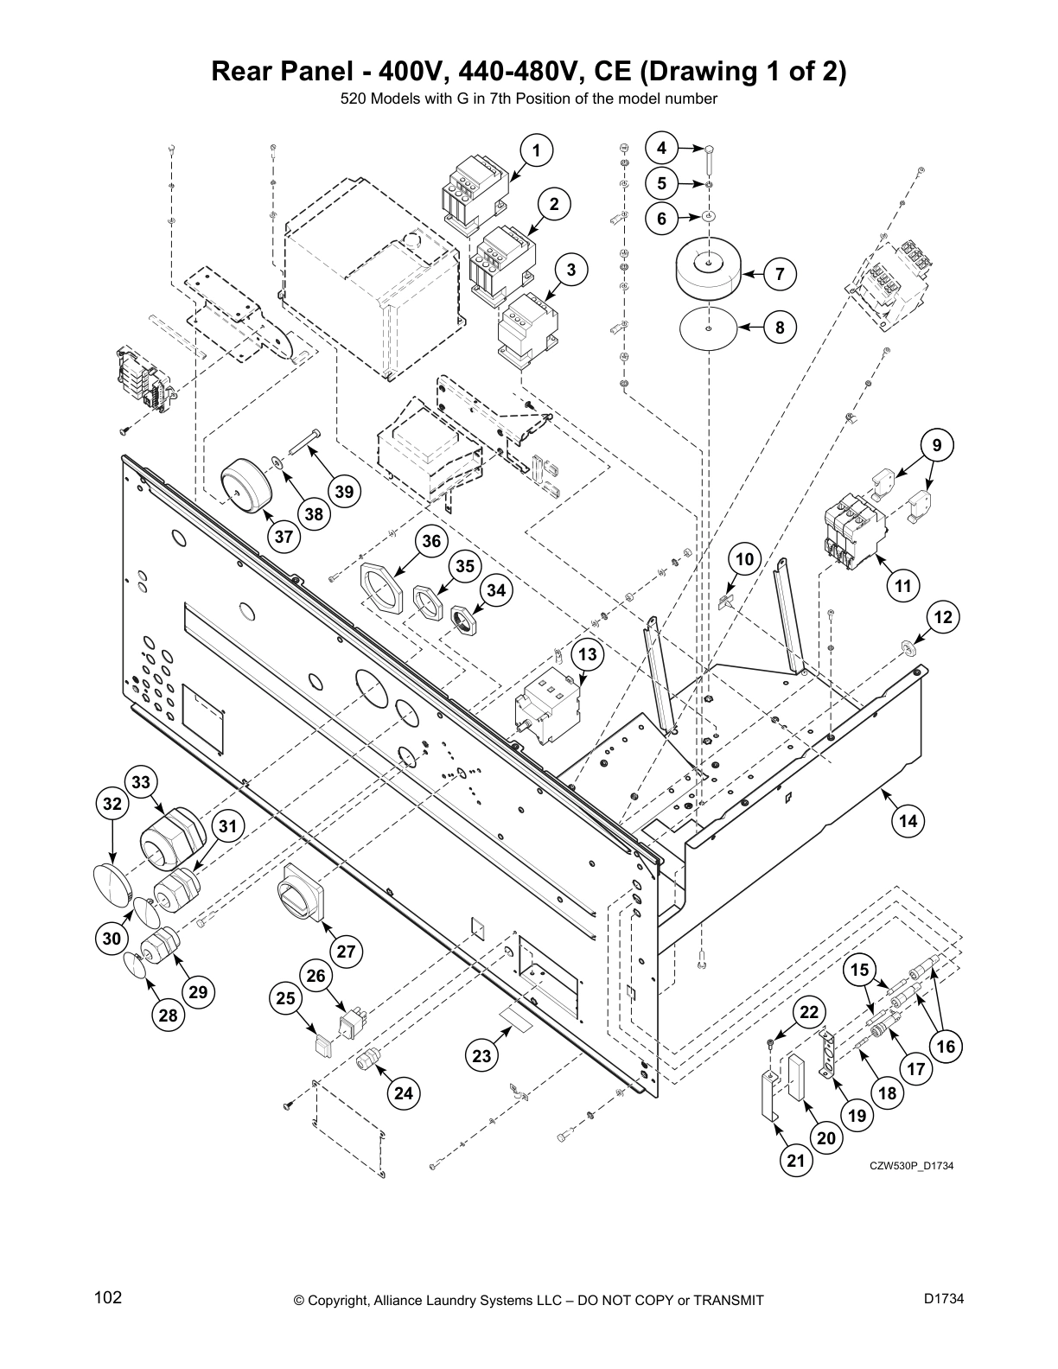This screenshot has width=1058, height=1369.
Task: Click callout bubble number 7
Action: tap(780, 275)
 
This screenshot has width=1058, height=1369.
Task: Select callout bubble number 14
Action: tap(908, 820)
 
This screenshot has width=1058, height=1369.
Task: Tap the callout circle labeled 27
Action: tap(346, 952)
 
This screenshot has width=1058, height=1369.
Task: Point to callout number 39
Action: tap(344, 492)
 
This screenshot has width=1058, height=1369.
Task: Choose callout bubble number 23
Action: tap(481, 1055)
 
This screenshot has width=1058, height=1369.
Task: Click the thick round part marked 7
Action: tap(708, 271)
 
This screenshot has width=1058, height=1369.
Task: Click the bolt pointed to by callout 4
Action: tap(708, 160)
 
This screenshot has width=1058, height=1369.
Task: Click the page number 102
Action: tap(108, 1298)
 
